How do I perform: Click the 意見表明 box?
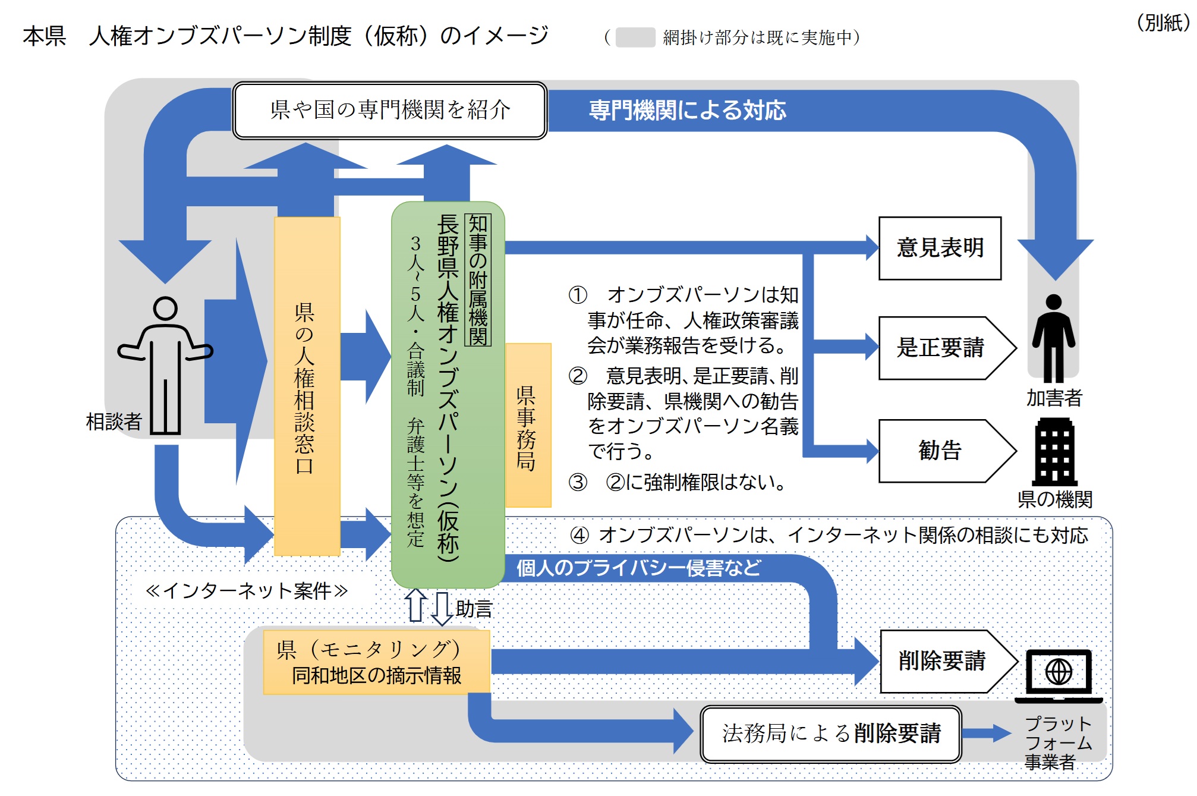(940, 248)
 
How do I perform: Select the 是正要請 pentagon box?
(942, 348)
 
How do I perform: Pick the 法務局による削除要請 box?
(830, 734)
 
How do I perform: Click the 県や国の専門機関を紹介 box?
(390, 110)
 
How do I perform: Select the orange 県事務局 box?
(528, 426)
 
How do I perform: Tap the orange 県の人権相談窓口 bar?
(307, 386)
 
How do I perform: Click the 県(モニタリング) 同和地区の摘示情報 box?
(376, 662)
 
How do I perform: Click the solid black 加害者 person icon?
(1053, 339)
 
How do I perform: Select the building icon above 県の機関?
(1054, 452)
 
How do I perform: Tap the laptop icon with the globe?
(1059, 675)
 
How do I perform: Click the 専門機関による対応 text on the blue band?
(687, 111)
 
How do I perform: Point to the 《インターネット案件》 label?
(247, 590)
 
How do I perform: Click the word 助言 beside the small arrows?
(474, 609)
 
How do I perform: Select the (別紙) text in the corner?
(1163, 23)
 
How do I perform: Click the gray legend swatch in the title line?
(635, 37)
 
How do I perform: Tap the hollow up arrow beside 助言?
(415, 605)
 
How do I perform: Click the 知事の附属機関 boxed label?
(478, 279)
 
